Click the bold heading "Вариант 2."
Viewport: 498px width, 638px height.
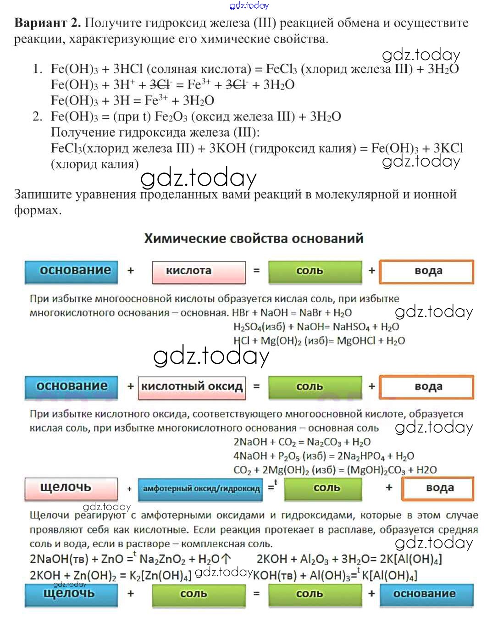coord(48,23)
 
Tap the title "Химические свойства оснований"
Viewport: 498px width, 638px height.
coord(254,239)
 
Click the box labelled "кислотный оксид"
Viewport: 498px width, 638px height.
coord(192,387)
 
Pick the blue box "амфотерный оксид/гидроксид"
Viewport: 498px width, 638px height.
coord(201,489)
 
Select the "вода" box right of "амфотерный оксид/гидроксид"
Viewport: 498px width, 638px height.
coord(437,488)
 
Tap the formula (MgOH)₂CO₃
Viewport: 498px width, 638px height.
coord(376,470)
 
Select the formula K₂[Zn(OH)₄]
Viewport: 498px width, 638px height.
coord(160,576)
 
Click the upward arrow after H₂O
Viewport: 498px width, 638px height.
coord(226,559)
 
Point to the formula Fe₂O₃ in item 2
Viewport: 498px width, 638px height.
coord(171,117)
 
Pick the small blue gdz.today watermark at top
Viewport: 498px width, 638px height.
coord(249,6)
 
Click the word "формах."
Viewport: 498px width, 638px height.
coord(38,211)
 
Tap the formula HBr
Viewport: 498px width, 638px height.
coord(241,313)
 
